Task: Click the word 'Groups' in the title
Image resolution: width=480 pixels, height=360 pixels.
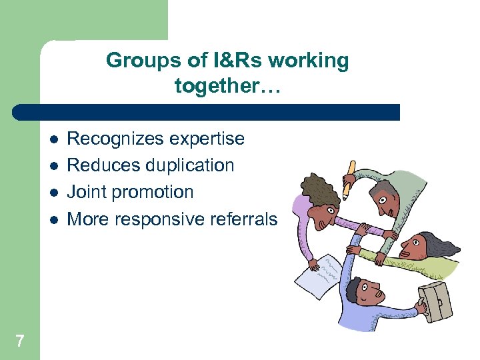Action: pyautogui.click(x=141, y=61)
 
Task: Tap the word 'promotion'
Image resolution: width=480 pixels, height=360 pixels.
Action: pyautogui.click(x=154, y=192)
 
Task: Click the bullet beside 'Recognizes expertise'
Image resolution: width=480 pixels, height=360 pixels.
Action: pyautogui.click(x=53, y=139)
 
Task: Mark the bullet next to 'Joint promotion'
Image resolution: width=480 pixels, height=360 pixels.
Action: pyautogui.click(x=53, y=193)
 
